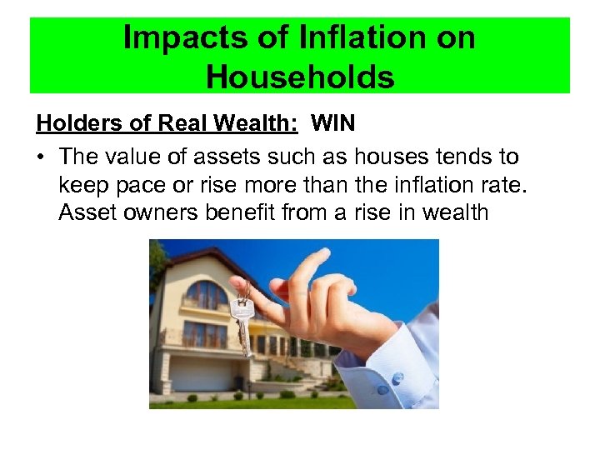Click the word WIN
click(x=333, y=124)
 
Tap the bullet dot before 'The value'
click(x=41, y=157)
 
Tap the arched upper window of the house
click(x=205, y=294)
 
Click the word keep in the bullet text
click(x=82, y=184)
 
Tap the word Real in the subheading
click(x=173, y=124)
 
